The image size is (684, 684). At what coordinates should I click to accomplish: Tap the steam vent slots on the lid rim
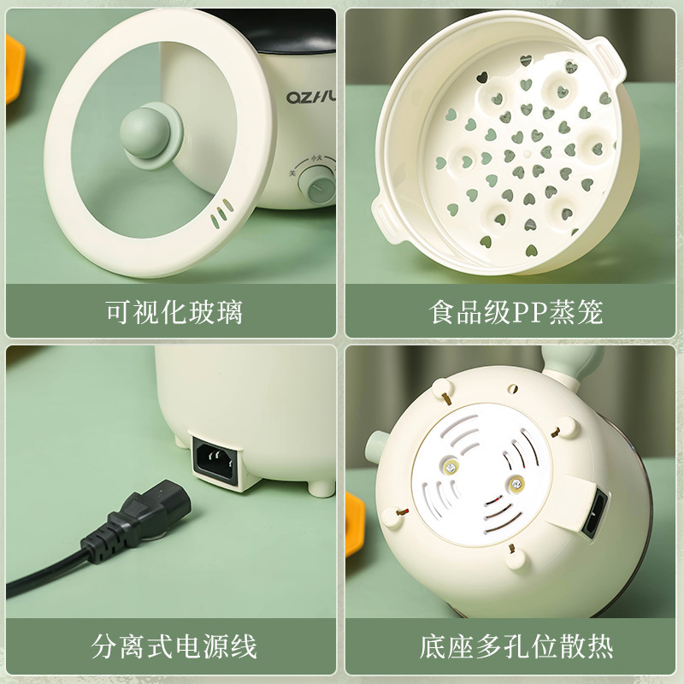point(221,210)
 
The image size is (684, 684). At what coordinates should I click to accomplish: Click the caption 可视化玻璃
point(174,311)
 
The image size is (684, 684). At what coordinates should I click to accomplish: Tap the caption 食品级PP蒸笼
point(516,311)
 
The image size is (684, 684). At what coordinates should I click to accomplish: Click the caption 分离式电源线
point(174,646)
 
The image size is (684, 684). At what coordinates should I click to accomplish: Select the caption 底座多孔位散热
point(516,646)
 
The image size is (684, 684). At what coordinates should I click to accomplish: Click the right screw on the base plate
point(516,484)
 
